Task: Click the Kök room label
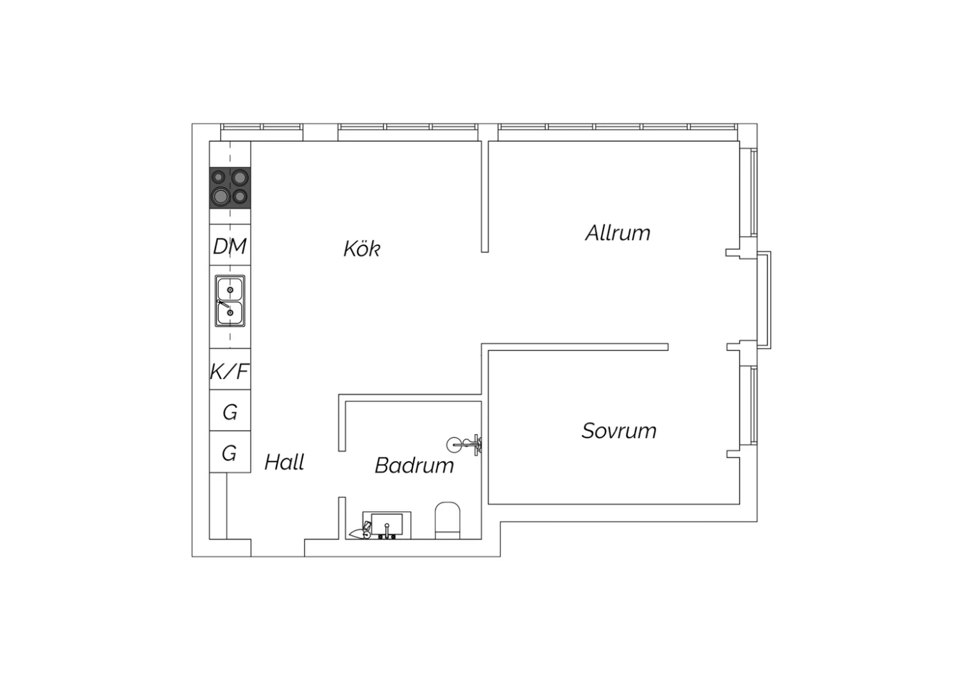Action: pos(362,249)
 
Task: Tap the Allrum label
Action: pos(618,234)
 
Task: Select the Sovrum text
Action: pos(619,431)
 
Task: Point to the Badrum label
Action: pos(414,465)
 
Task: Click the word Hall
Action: pos(284,463)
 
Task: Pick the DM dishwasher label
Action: pos(230,246)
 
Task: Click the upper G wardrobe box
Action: pos(230,410)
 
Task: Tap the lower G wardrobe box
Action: pos(230,452)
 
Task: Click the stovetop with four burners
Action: pos(230,188)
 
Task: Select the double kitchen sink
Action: pos(230,301)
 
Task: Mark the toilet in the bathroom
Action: pos(448,520)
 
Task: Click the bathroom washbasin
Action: pos(387,525)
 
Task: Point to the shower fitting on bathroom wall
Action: pos(464,445)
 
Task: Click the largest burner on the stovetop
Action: pos(220,197)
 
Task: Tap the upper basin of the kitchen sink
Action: pos(230,289)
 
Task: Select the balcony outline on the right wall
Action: pos(764,300)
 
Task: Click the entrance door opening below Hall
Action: pos(278,548)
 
